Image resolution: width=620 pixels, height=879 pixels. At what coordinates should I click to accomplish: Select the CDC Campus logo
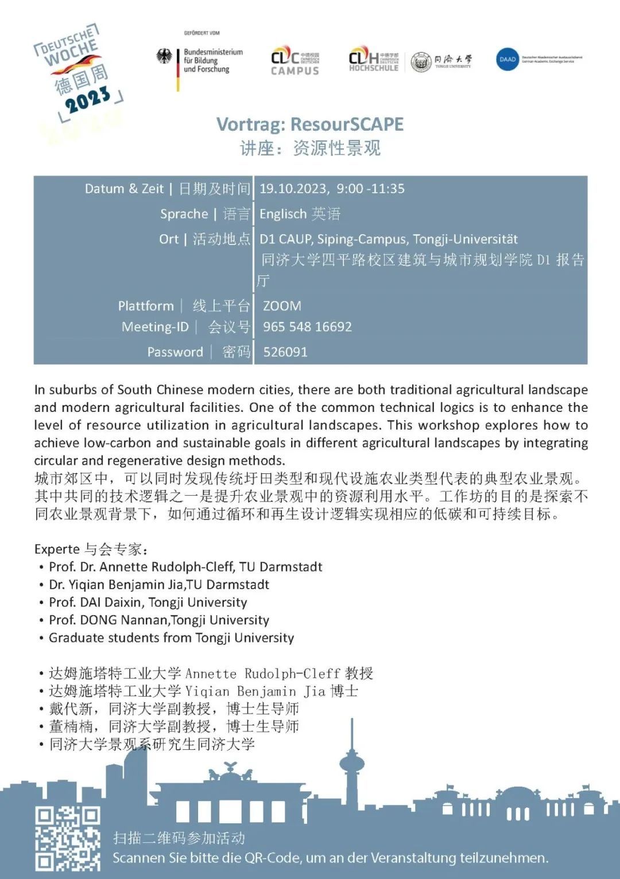click(294, 61)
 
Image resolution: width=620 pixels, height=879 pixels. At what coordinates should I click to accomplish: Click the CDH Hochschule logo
click(373, 59)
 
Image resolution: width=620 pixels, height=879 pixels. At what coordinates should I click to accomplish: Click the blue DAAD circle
click(507, 59)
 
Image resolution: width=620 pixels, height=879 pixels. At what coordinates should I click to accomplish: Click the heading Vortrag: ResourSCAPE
click(310, 124)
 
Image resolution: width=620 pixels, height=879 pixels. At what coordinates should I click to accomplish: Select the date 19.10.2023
click(293, 189)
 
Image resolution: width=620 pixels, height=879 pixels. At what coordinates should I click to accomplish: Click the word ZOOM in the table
click(282, 306)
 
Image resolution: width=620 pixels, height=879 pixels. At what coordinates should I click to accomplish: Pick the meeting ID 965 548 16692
click(307, 327)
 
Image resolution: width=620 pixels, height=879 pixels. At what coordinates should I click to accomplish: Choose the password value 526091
click(285, 352)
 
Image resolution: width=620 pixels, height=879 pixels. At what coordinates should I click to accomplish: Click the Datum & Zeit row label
click(124, 189)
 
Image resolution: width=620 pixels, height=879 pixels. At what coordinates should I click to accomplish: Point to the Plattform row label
click(146, 306)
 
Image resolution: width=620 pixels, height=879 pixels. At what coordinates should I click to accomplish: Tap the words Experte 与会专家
click(91, 549)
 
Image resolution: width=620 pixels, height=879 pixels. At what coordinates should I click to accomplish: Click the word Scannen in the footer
click(138, 858)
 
